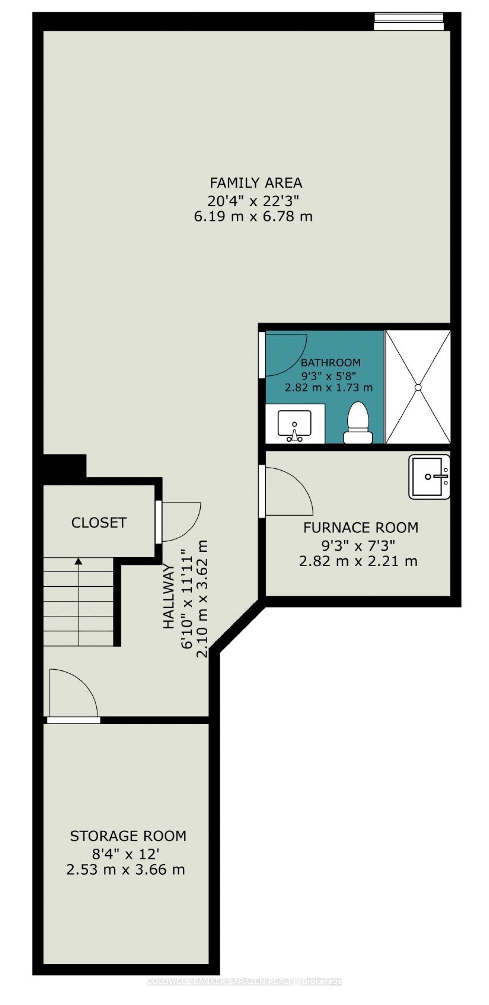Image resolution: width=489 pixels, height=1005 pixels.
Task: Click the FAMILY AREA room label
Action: (256, 183)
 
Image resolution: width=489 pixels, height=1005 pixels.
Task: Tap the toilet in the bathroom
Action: (358, 423)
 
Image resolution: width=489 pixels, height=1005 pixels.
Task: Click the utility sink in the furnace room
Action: (429, 477)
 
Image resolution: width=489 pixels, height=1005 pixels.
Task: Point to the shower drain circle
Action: (418, 387)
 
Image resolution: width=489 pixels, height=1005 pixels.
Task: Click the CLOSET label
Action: (99, 522)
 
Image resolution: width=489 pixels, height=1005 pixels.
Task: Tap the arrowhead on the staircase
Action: (78, 561)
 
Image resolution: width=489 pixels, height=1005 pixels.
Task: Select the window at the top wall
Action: (409, 21)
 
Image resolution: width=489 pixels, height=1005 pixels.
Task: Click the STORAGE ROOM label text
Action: (128, 836)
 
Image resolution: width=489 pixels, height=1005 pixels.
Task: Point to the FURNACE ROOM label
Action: (361, 527)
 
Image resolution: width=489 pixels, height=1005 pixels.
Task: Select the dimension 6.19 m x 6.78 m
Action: (253, 216)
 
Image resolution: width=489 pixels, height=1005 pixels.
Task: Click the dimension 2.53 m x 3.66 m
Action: (126, 870)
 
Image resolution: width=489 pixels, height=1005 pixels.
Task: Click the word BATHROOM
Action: (330, 363)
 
